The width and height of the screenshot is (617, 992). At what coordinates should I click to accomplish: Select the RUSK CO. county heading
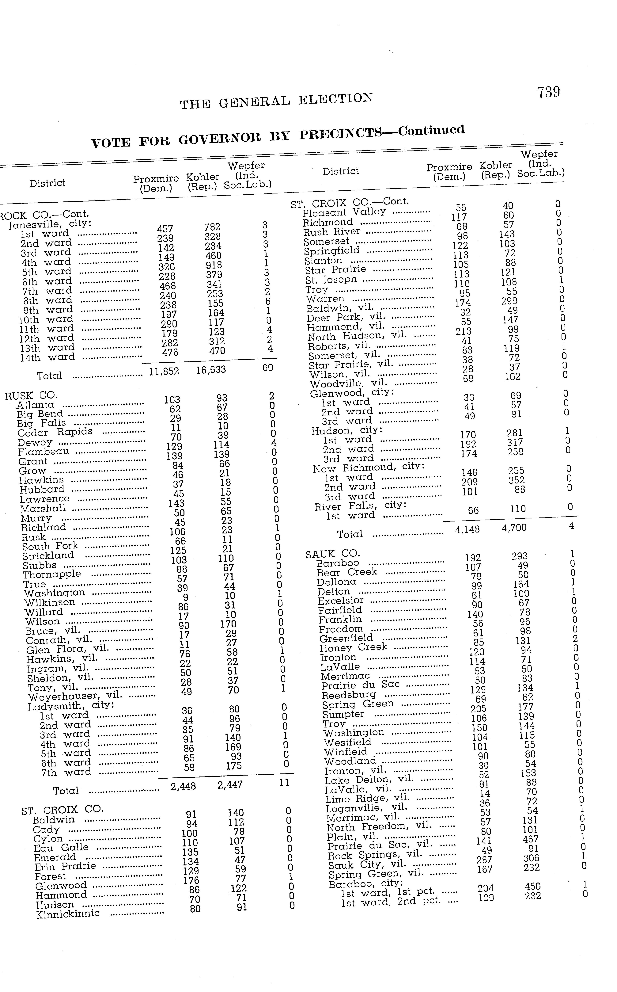pos(31,395)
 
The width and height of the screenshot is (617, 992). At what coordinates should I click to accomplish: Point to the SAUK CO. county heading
pos(333,554)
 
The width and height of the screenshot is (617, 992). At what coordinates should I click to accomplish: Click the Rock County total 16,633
pos(210,370)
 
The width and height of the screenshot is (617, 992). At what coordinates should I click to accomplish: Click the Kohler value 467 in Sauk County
pos(531,839)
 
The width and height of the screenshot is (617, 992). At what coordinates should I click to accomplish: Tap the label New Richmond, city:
pos(369,467)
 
